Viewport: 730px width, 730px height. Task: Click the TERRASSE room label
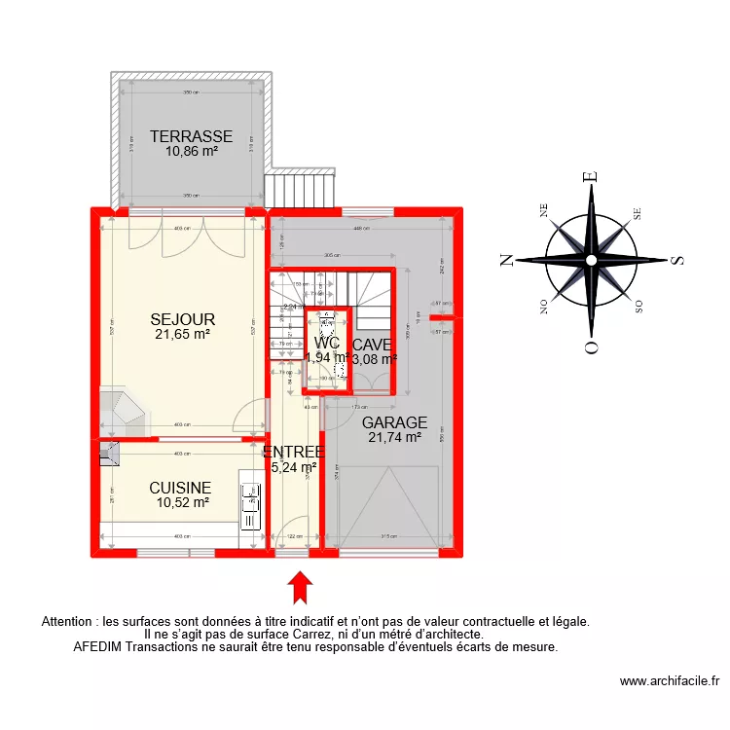click(191, 136)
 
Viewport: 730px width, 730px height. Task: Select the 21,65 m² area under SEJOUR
click(182, 335)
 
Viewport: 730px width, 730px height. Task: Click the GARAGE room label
click(394, 422)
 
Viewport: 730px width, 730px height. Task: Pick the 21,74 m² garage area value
click(394, 438)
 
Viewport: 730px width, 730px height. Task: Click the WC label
click(326, 343)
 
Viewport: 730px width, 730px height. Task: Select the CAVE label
click(372, 345)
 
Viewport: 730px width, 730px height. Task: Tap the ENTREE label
click(293, 452)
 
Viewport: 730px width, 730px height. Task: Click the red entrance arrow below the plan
click(302, 586)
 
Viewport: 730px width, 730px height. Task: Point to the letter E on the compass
click(589, 177)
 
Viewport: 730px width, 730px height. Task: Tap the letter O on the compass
click(589, 347)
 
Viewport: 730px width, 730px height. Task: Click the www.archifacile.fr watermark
click(668, 682)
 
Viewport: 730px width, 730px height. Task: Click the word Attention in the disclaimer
click(73, 620)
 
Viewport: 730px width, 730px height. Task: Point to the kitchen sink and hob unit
click(251, 505)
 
